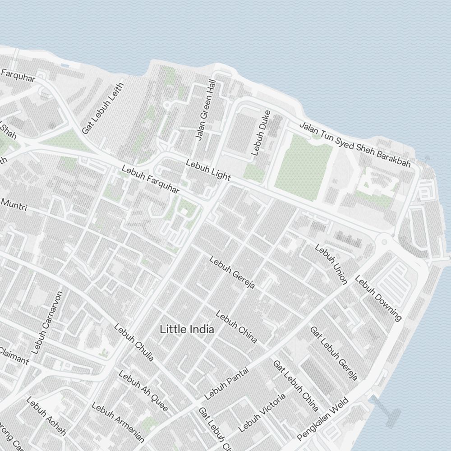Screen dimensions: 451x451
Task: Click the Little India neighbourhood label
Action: pos(187,330)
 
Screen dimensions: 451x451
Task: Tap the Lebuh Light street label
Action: pos(208,170)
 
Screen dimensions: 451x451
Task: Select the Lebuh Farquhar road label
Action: pos(150,179)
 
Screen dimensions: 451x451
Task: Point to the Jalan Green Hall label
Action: pos(205,110)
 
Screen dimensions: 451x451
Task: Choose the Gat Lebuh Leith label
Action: pos(102,108)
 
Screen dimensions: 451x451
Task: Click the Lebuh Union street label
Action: pos(331,264)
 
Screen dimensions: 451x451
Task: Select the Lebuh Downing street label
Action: pos(378,298)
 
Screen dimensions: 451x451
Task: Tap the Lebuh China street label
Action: pos(236,326)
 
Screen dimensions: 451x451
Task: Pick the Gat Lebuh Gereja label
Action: pos(334,353)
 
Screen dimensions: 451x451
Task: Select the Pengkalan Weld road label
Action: pos(323,419)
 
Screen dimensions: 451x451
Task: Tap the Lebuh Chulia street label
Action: pos(134,342)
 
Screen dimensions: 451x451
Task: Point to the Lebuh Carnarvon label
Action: pos(48,322)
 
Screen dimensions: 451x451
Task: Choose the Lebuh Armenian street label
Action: pos(118,422)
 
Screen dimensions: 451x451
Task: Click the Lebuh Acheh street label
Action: pos(46,416)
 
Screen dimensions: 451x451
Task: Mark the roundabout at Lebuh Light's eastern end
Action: pos(384,242)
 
